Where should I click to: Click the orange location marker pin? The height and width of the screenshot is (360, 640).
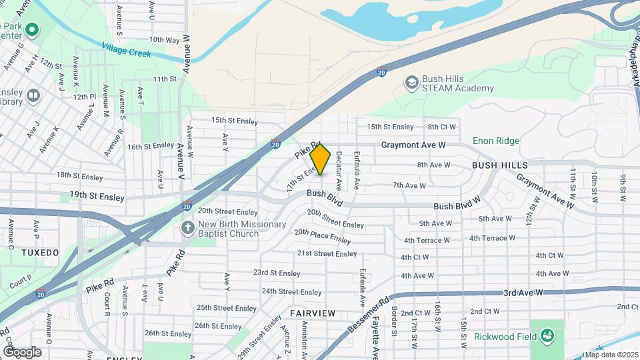pos(321,159)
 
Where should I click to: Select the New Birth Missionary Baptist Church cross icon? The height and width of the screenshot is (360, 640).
pos(188,227)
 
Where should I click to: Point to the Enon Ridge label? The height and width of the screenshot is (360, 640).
pos(495,141)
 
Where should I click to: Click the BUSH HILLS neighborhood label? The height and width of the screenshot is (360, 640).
pos(500,165)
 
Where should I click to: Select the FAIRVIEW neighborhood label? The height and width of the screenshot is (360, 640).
pos(312,313)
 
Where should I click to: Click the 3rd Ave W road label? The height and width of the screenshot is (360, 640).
pos(524,293)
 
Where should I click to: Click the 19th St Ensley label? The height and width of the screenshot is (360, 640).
pos(102,197)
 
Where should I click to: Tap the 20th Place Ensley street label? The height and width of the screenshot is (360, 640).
pos(322,236)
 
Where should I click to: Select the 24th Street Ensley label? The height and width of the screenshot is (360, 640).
pos(291,292)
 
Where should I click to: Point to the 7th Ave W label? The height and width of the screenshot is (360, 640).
pos(409,185)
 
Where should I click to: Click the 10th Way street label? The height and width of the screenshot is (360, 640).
pos(164,40)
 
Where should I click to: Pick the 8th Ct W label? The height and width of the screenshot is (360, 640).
pos(442,127)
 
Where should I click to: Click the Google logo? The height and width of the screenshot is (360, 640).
pos(22,351)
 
